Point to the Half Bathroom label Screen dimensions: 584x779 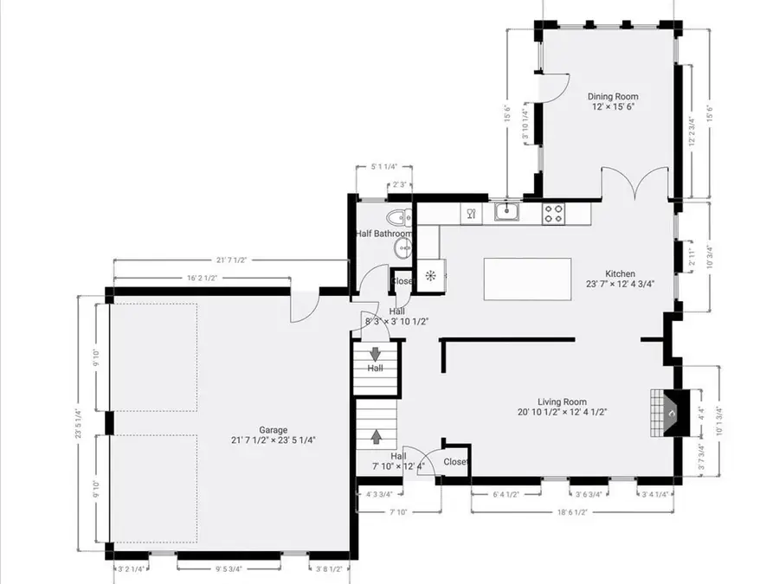point(383,234)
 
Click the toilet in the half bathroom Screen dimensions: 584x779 point(399,216)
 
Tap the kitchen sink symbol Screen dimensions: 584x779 point(506,211)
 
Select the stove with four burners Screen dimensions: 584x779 point(554,212)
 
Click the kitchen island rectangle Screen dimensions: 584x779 point(517,279)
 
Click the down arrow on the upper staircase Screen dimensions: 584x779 point(377,353)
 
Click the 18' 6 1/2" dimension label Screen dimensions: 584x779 point(572,513)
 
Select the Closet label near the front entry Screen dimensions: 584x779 point(455,461)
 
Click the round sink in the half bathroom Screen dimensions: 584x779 point(403,249)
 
